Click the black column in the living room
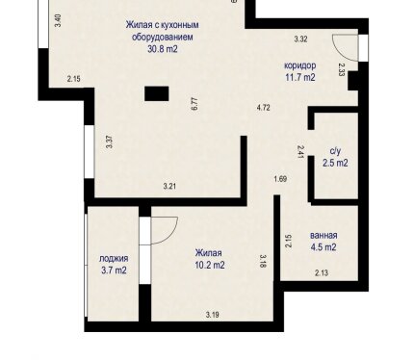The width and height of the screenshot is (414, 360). (x=156, y=93)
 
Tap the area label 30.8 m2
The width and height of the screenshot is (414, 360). (x=163, y=49)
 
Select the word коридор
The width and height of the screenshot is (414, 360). (x=300, y=65)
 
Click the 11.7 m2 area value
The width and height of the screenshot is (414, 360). (x=300, y=77)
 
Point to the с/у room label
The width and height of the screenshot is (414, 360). (x=335, y=150)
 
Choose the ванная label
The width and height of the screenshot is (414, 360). (x=323, y=235)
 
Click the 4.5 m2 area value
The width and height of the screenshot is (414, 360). (x=323, y=247)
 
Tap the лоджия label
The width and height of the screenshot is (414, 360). (x=114, y=258)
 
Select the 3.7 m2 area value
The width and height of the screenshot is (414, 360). (x=114, y=270)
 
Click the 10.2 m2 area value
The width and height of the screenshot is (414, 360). (x=210, y=265)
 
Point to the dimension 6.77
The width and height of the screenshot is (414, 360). (x=194, y=104)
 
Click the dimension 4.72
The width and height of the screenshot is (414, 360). (x=264, y=108)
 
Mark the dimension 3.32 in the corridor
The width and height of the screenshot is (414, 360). (x=301, y=39)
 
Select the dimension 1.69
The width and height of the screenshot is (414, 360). (x=280, y=179)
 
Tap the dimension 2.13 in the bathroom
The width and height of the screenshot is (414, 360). (x=322, y=273)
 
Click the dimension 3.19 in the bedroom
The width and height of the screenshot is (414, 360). (x=213, y=315)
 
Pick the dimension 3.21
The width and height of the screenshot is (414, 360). (x=169, y=187)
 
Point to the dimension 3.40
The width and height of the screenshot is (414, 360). (x=58, y=20)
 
